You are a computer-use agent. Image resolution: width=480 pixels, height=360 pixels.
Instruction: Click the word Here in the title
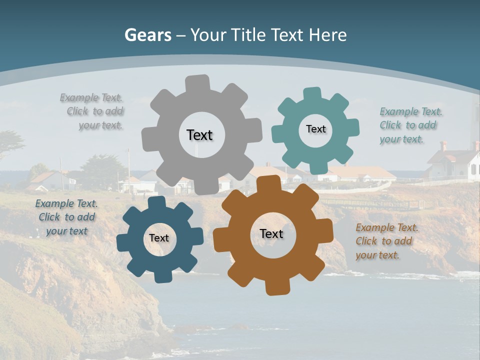327,35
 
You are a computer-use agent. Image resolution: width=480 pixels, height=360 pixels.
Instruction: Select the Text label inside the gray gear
199,135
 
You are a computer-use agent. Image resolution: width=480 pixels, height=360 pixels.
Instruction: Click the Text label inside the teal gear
315,129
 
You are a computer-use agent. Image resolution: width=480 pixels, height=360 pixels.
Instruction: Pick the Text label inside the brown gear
271,233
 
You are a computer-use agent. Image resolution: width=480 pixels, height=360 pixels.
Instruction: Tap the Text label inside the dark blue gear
159,238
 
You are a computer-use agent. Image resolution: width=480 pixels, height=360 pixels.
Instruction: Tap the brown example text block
386,241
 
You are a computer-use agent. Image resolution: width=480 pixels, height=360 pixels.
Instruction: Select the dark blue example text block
66,217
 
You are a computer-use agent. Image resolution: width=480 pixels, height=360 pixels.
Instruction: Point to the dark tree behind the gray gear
102,170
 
